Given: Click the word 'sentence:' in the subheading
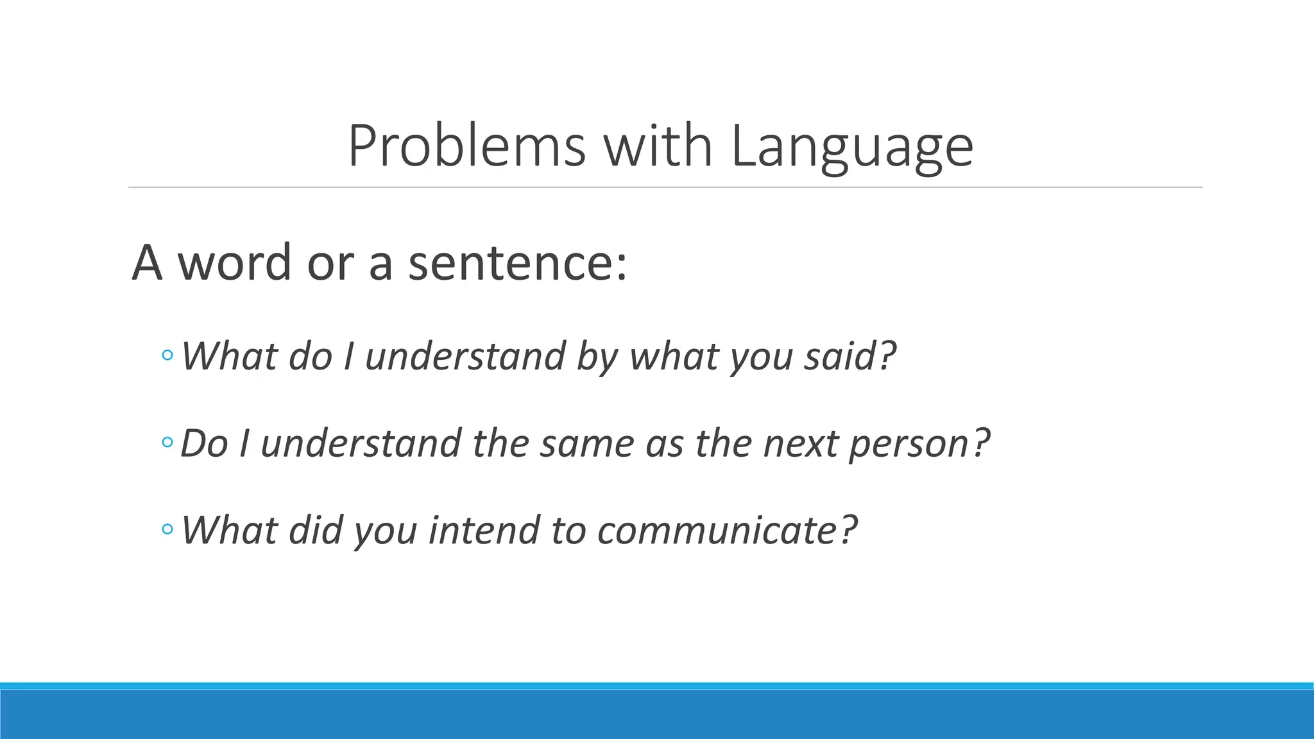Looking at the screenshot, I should pos(517,263).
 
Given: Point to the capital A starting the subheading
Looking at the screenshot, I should pos(147,263).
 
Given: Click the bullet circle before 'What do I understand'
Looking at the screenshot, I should pos(167,355).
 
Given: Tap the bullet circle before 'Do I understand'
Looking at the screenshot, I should pos(167,442).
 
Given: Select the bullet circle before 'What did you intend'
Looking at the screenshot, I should pos(167,529).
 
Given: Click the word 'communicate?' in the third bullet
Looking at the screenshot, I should pos(726,531).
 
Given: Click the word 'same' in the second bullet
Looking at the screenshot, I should pos(586,443).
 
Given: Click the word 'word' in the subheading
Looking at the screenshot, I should pos(234,263).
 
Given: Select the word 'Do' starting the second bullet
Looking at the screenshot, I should pos(204,443).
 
